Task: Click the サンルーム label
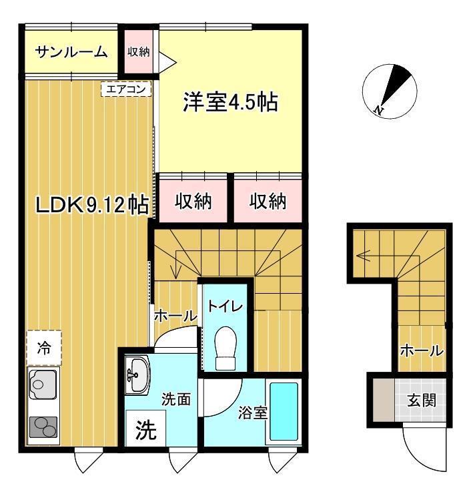[x=71, y=51]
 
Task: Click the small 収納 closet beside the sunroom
[x=138, y=51]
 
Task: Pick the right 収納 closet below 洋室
[x=268, y=200]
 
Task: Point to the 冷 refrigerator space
[x=44, y=348]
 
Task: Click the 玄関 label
[x=421, y=401]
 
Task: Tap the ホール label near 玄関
[x=421, y=350]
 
